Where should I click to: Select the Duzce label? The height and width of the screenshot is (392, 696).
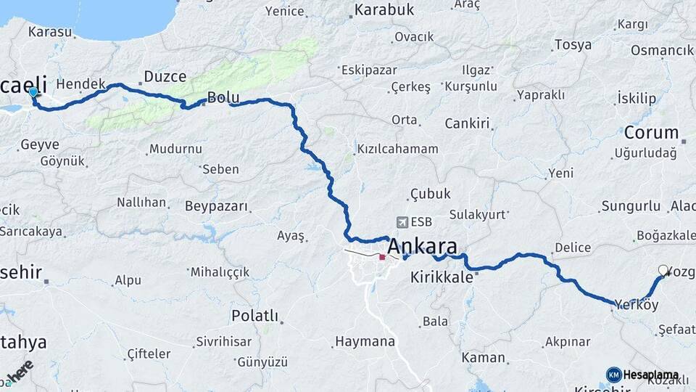165,76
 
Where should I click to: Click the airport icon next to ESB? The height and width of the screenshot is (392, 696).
402,222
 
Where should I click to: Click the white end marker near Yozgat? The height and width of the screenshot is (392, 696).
663,271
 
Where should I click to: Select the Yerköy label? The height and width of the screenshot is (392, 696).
636,305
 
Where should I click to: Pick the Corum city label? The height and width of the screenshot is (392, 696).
651,134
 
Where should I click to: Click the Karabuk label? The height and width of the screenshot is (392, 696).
384,9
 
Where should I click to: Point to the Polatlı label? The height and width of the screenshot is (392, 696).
254,316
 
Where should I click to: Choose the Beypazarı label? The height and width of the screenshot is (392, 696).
217,207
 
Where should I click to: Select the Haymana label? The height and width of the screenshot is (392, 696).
365,341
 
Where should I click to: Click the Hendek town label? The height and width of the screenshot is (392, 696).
80,84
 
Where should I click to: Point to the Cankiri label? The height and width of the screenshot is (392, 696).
468,123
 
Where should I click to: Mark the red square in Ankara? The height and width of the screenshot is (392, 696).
382,257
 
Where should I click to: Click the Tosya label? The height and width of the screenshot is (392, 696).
573,45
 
